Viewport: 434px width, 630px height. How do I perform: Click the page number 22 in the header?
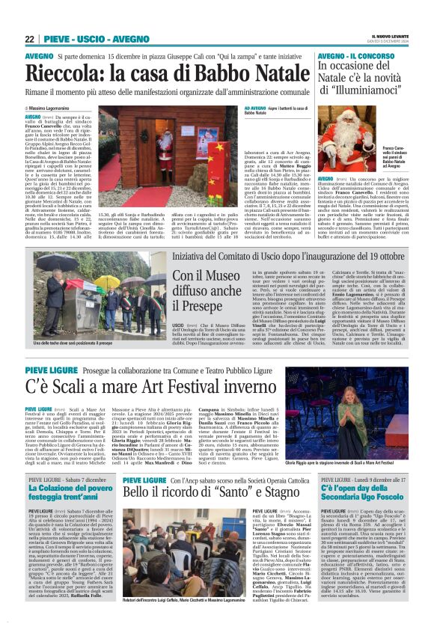(30, 39)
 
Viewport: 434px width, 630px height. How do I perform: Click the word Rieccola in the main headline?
(71, 75)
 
